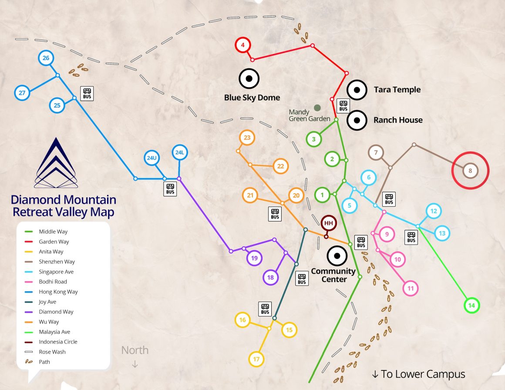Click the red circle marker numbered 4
pos(243,45)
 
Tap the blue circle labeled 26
pos(46,58)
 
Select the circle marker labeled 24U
pos(151,158)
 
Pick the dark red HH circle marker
pos(329,223)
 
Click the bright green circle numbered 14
pos(471,306)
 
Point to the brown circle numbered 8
pos(470,171)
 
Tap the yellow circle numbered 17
pos(256,359)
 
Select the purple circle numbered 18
pos(270,277)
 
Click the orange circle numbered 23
pos(247,138)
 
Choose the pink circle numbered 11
pos(410,288)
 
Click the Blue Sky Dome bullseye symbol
pos(249,79)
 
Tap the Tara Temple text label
pos(397,90)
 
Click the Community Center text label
pos(333,275)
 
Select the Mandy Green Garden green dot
pos(317,108)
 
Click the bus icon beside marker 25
pos(87,93)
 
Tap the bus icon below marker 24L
pos(170,189)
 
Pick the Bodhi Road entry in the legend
pos(53,282)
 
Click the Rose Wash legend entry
pos(52,352)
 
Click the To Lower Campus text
pos(418,374)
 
